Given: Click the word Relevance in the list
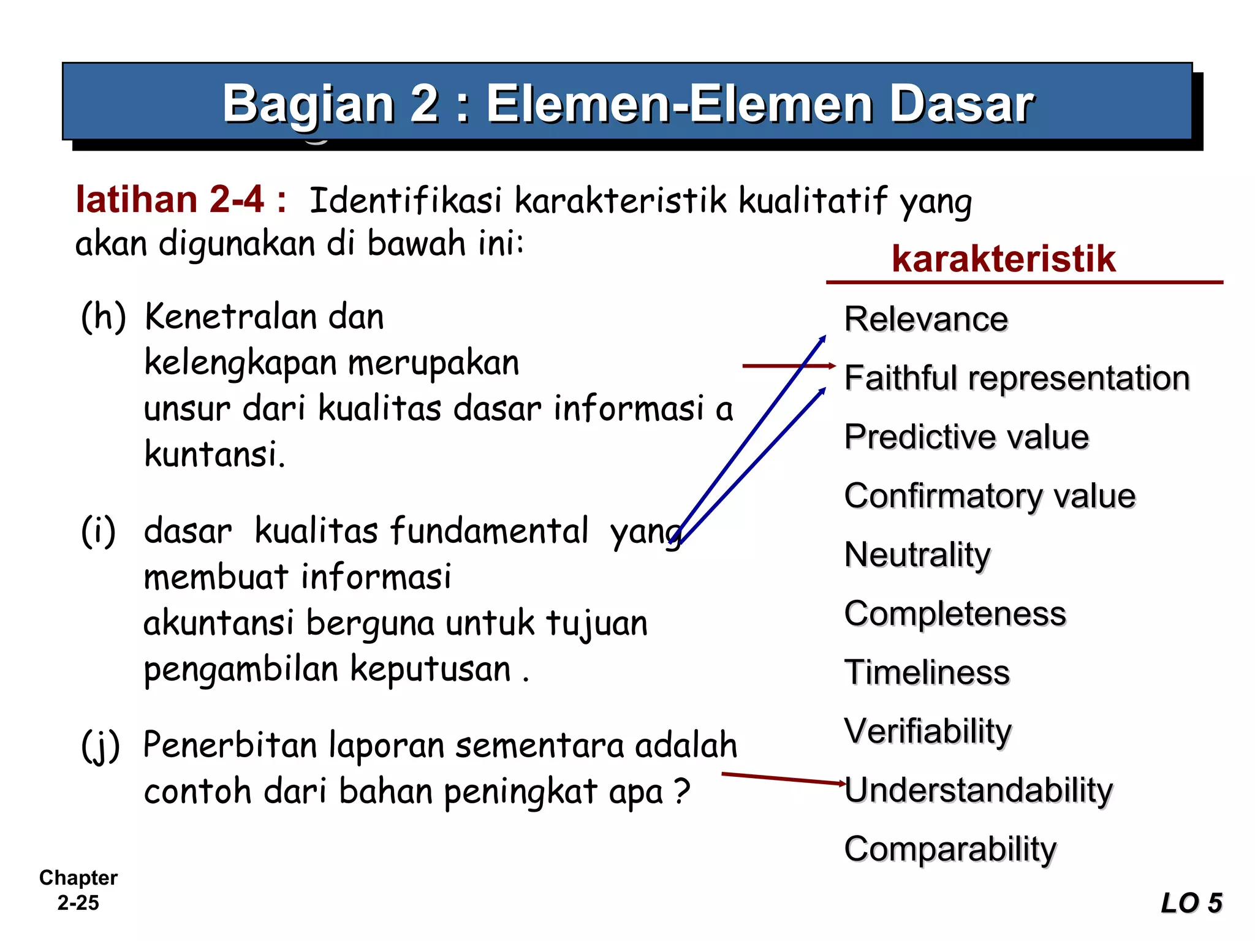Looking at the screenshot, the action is (926, 319).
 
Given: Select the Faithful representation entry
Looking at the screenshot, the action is (1017, 378).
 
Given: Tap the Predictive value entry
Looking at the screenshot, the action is (966, 437).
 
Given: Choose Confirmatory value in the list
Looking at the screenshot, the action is (990, 496).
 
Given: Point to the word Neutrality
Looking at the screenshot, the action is (917, 555).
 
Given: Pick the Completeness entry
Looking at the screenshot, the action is (955, 613).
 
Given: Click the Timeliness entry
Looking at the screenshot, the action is (927, 672).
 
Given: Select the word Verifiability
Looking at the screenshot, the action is (928, 731).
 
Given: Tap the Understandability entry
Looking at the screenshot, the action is (979, 790).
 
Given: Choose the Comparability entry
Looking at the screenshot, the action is (950, 849).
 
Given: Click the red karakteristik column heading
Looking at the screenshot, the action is (1003, 259).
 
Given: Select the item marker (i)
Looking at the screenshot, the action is (98, 531).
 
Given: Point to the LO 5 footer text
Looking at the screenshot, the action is (1191, 903).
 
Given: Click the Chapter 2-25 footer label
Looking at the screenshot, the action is (78, 890).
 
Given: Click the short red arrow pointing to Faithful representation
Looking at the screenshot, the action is (789, 366).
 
